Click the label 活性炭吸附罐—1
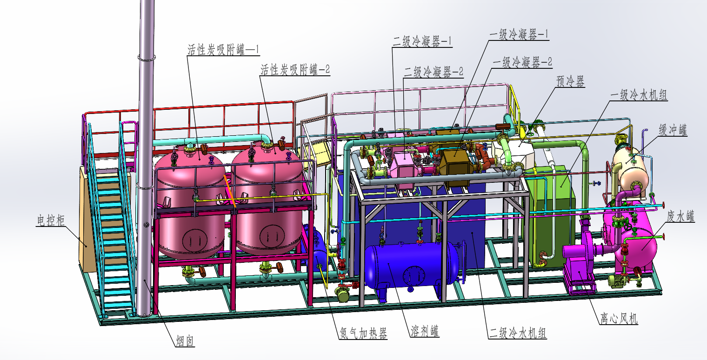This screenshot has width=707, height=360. click(223, 50)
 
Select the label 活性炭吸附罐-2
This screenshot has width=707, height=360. click(295, 69)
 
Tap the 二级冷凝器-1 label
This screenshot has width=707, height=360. click(422, 41)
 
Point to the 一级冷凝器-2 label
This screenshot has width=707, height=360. click(522, 62)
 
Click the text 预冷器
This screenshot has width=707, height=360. click(570, 81)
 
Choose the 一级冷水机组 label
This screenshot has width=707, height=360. click(639, 95)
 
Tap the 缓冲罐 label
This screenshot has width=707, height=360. click(673, 130)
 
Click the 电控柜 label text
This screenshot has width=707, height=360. click(51, 220)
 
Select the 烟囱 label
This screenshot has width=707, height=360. click(185, 340)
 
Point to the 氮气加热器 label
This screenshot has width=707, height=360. click(363, 333)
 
